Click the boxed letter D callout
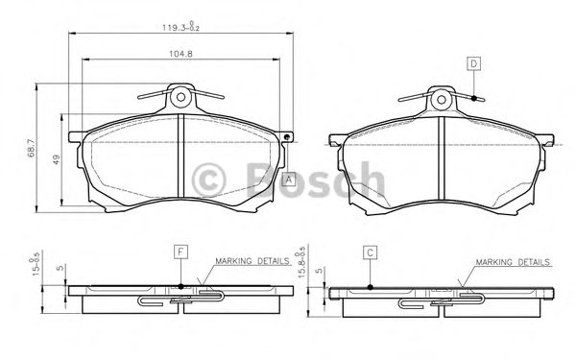click(x=473, y=63)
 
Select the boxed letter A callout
click(x=288, y=178)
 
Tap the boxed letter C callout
click(x=370, y=252)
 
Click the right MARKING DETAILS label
click(x=512, y=261)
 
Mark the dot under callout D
click(x=473, y=98)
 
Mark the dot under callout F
click(x=180, y=285)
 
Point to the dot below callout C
click(x=370, y=285)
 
